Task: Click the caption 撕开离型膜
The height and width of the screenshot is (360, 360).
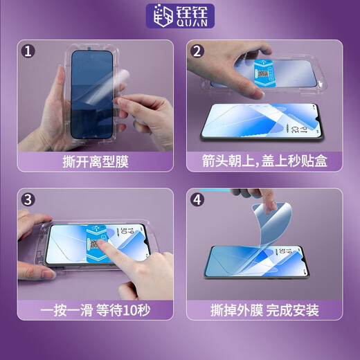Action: point(94,162)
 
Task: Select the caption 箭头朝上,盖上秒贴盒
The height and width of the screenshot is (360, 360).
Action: point(265,162)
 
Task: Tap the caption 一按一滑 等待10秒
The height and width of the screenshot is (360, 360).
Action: point(94,309)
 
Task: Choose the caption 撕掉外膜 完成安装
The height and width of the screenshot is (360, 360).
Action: point(265,309)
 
